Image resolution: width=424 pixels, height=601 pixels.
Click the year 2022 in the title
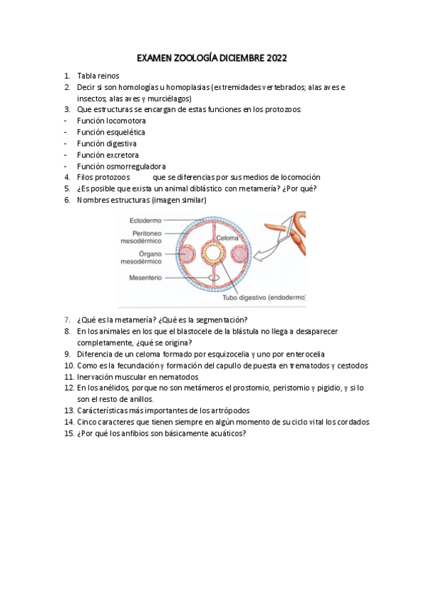click(x=277, y=58)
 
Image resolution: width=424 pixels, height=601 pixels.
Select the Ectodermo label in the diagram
click(x=145, y=220)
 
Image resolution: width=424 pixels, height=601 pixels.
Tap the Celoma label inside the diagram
click(x=227, y=238)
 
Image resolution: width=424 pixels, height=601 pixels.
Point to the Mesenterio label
click(x=145, y=278)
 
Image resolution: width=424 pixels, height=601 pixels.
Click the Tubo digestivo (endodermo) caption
click(x=264, y=298)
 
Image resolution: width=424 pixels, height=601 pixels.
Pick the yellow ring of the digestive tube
click(x=212, y=253)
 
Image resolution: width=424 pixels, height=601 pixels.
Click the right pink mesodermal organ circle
click(x=240, y=254)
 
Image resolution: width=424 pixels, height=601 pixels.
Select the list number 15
click(x=69, y=434)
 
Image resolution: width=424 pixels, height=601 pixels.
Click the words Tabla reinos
click(x=98, y=76)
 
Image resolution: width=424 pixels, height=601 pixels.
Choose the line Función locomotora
click(x=111, y=120)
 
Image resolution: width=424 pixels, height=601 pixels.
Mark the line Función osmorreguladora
click(x=121, y=167)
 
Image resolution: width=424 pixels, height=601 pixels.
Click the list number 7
click(x=67, y=320)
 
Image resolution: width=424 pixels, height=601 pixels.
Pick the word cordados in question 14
click(x=353, y=422)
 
